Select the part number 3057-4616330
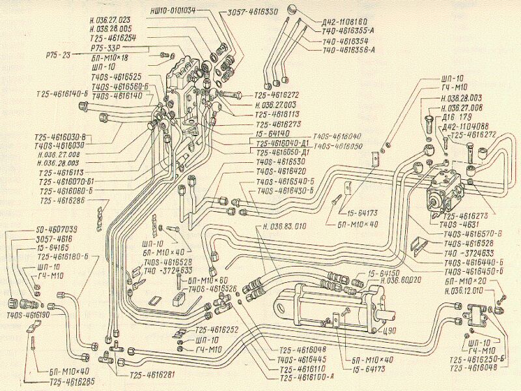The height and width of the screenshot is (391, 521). coord(255,11)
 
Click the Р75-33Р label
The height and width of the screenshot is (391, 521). coord(107,47)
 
